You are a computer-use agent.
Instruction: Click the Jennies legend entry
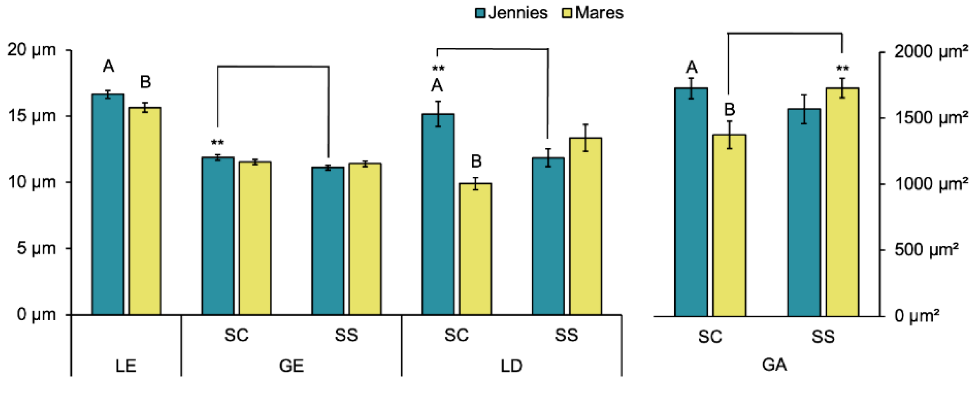pos(511,13)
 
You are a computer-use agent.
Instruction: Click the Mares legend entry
pos(593,13)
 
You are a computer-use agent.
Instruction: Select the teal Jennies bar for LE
pos(108,205)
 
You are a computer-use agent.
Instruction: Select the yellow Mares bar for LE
pos(145,211)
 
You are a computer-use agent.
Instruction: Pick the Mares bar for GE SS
pos(365,239)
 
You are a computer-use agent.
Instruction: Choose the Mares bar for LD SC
pos(475,249)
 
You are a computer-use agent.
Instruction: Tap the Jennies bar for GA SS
pos(804,213)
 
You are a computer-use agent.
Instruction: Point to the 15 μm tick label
pos(32,116)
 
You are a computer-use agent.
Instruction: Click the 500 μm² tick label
pos(926,250)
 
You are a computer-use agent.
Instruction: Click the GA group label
pos(774,365)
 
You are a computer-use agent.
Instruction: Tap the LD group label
pos(511,366)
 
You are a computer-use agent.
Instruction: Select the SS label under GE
pos(346,335)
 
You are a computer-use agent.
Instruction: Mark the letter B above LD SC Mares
pos(476,162)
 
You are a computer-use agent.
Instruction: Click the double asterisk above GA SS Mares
pos(842,69)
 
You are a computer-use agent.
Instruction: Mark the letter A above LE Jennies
pos(108,66)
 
